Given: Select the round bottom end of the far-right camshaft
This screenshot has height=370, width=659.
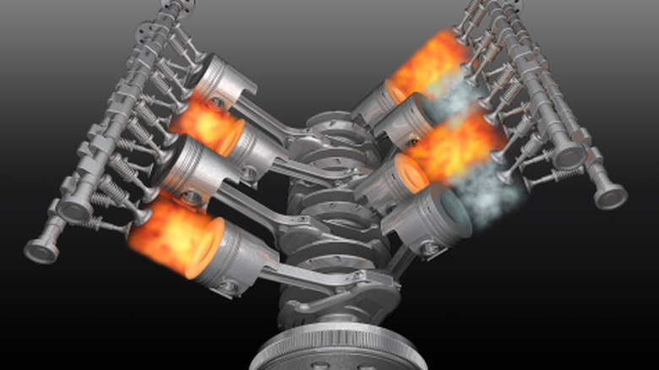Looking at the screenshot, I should tap(610, 195).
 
